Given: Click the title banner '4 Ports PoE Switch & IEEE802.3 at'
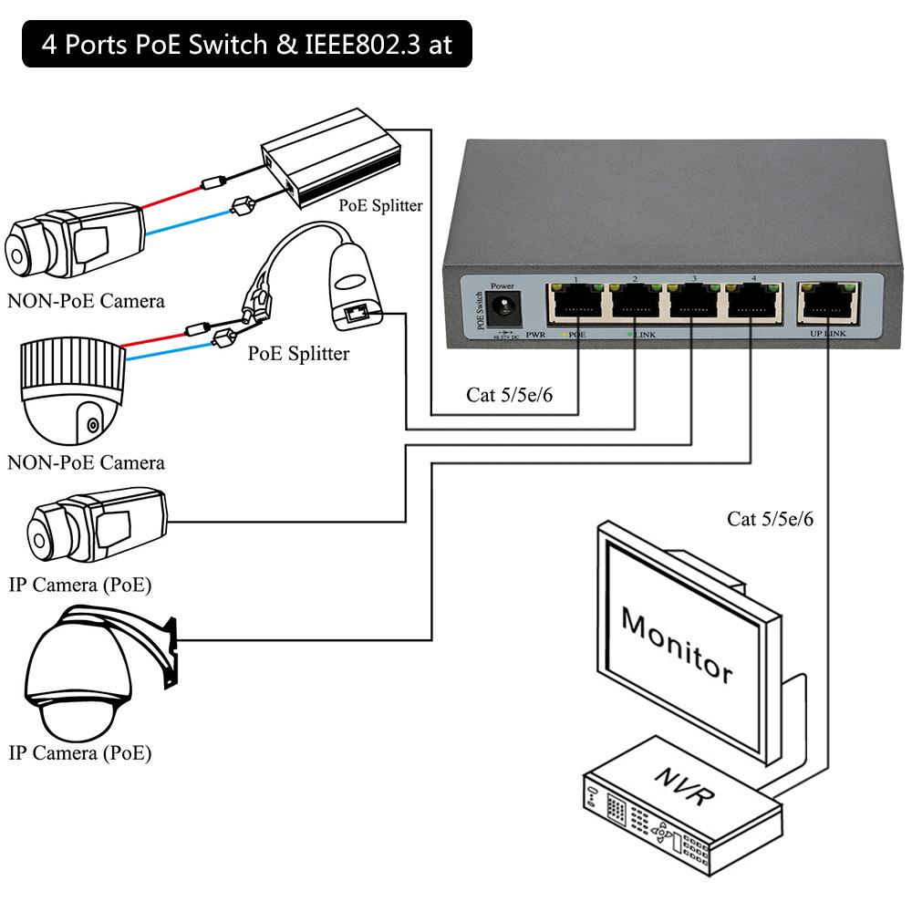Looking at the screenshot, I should pos(246,45).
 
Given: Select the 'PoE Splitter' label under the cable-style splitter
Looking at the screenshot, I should pos(298,353).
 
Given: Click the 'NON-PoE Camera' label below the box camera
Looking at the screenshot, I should pos(86,300).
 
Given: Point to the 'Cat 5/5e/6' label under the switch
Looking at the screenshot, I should pos(509,395).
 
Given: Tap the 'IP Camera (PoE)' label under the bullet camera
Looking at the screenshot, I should pos(80,585).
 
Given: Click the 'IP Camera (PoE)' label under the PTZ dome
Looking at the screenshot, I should pos(80,753).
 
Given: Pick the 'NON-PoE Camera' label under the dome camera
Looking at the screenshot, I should pos(86,462).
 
